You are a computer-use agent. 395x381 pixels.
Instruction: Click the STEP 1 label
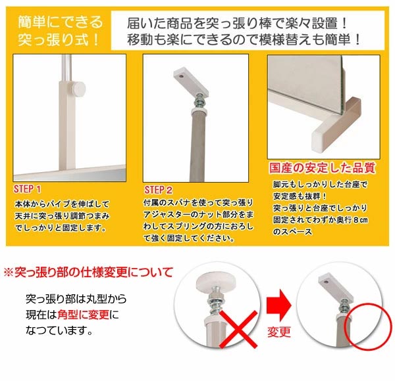click(x=28, y=187)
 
